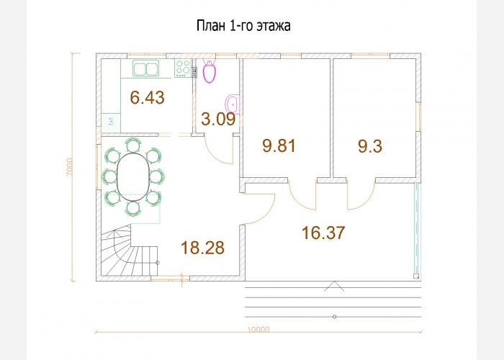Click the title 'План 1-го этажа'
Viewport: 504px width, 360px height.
(243, 26)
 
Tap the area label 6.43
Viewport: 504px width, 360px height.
(147, 97)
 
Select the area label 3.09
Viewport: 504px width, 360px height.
(218, 120)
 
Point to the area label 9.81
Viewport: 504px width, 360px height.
(279, 145)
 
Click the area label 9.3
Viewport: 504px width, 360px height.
(370, 147)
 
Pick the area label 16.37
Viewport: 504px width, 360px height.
(323, 233)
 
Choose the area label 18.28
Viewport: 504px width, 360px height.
(202, 248)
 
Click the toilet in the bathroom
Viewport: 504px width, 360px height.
(210, 71)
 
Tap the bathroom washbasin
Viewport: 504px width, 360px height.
(233, 104)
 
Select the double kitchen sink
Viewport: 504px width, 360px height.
(146, 68)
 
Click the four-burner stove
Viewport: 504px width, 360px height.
(183, 68)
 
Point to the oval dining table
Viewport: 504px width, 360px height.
(133, 177)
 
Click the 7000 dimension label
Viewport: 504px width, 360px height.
(69, 167)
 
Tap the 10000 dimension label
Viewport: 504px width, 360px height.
(258, 330)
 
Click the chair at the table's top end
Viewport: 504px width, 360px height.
(133, 145)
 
